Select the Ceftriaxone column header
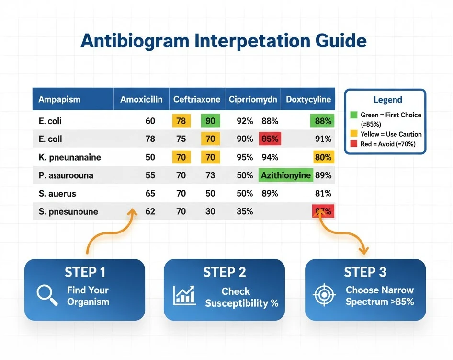tap(197, 100)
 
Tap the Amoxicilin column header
tap(141, 100)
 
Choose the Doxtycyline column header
tap(308, 100)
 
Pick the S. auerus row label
tap(57, 194)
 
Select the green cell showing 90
tap(210, 121)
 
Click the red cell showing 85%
tap(270, 139)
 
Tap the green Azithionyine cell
tap(285, 175)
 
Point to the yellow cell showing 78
tap(181, 121)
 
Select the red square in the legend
tap(354, 144)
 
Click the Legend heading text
tap(387, 100)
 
